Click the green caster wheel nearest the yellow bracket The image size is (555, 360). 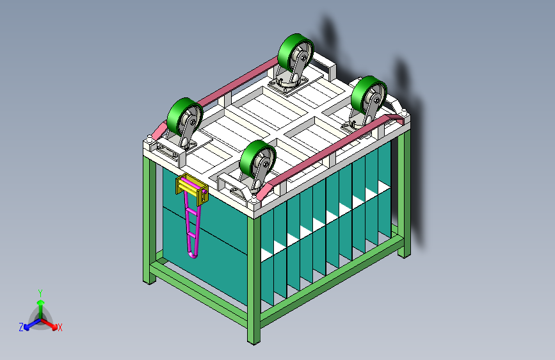click(x=184, y=117)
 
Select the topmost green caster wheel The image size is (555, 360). click(x=295, y=53)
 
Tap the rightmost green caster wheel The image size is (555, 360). click(x=369, y=95)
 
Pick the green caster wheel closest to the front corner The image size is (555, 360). click(x=257, y=160)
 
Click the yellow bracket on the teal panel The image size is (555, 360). click(x=192, y=189)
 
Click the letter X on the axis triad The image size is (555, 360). click(x=60, y=327)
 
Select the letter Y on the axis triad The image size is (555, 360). click(x=40, y=293)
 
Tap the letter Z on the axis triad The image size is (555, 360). click(x=21, y=327)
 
